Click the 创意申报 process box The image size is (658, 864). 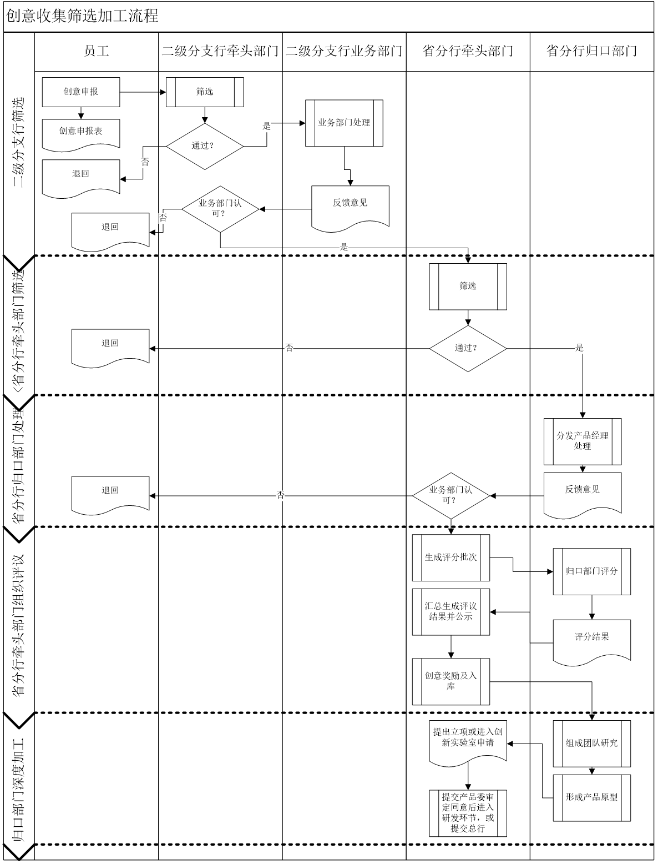(x=81, y=92)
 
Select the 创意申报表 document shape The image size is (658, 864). (x=81, y=132)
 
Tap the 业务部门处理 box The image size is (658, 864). (x=344, y=123)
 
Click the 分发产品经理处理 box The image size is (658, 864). (x=583, y=441)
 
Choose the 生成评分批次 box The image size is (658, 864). (x=451, y=557)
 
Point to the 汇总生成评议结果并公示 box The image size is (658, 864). (x=451, y=611)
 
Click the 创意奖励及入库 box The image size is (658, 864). (x=451, y=681)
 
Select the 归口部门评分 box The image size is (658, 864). (x=591, y=571)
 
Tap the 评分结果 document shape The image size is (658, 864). (x=591, y=639)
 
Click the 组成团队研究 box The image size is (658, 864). (x=591, y=744)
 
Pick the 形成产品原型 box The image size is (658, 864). (x=591, y=797)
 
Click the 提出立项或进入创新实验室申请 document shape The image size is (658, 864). (x=468, y=739)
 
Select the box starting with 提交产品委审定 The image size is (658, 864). (x=468, y=813)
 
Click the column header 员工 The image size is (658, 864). (x=97, y=52)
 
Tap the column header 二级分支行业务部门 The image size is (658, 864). (x=344, y=52)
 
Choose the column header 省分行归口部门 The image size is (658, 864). (x=591, y=52)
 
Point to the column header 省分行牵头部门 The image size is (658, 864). (x=468, y=52)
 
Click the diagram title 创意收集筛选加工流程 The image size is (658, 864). (x=82, y=16)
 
